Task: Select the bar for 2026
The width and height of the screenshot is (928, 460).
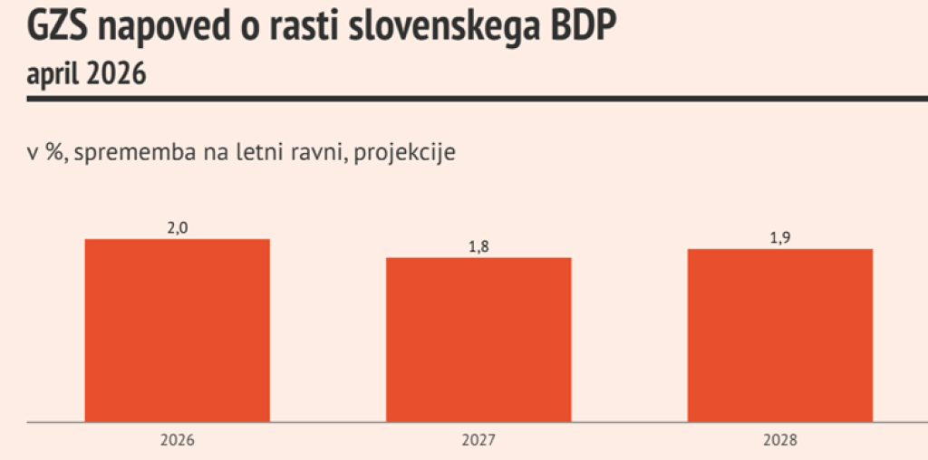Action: coord(177,331)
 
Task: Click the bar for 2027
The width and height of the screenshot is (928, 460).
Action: coord(478,340)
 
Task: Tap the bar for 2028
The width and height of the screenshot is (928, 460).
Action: coord(779,335)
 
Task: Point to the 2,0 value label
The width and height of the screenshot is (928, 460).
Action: coord(177,228)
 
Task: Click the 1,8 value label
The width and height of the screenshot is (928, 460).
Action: coord(478,247)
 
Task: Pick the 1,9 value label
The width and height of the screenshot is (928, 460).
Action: coord(779,238)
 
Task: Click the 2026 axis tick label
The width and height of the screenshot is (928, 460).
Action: coord(177,441)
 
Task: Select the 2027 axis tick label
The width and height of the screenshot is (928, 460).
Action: coord(478,441)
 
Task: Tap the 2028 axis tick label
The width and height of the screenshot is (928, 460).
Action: coord(779,441)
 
